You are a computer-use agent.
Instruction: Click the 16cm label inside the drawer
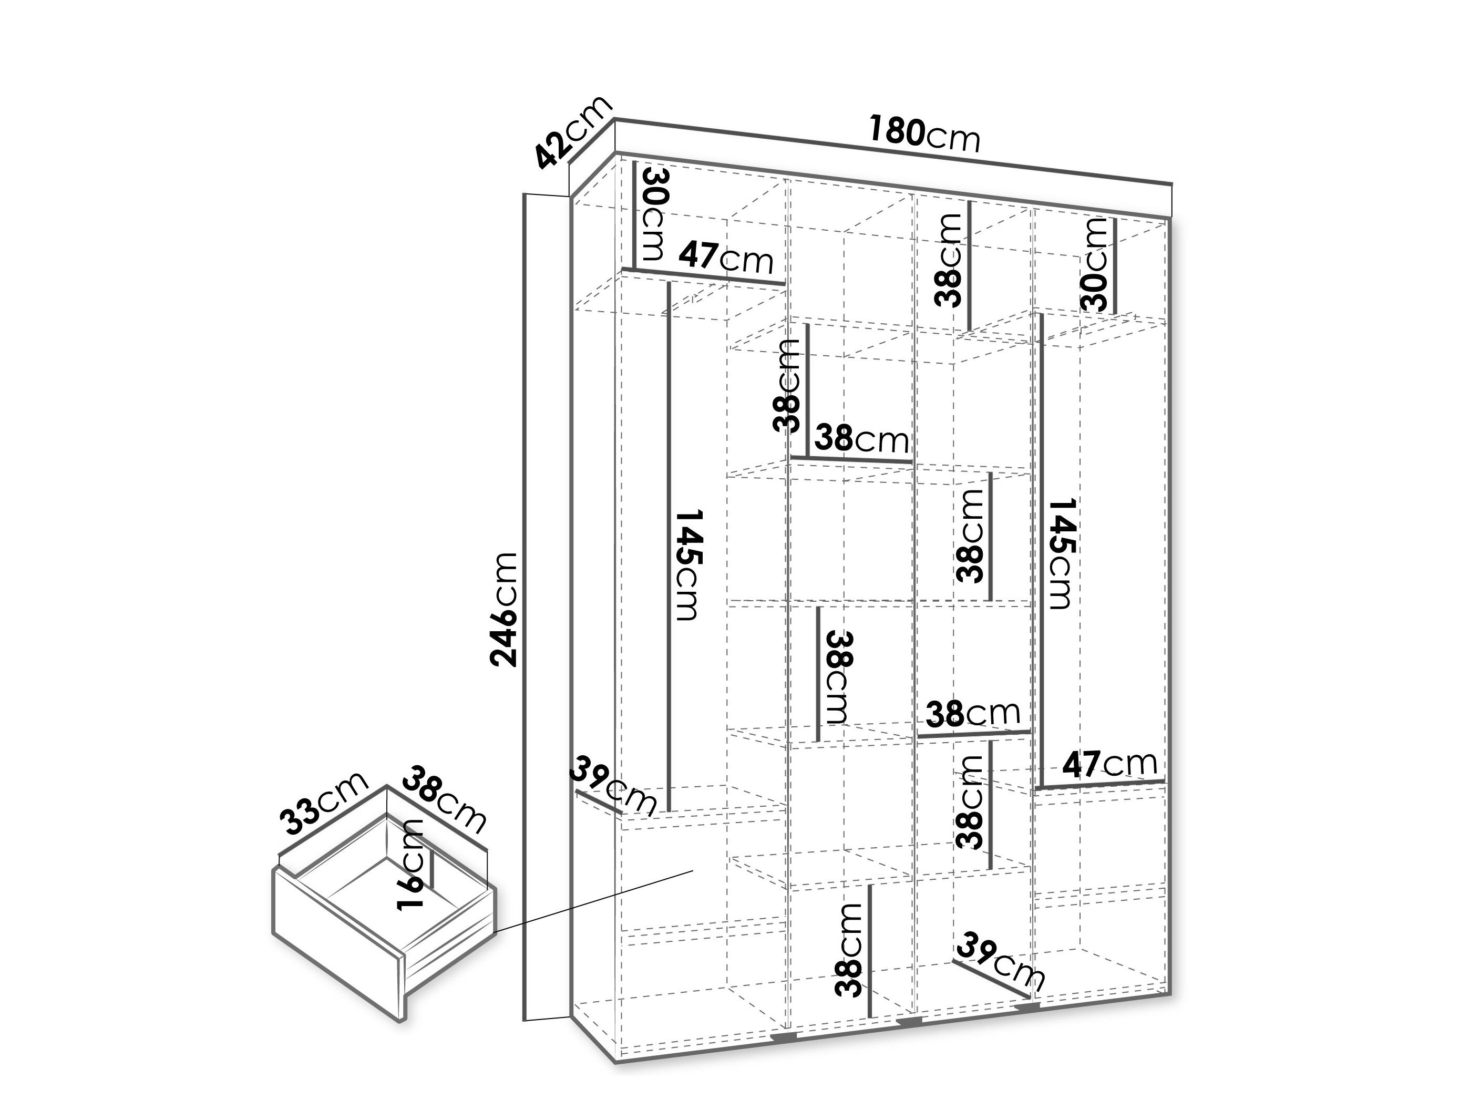(x=409, y=865)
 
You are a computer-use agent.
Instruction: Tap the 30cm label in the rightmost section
(x=1095, y=264)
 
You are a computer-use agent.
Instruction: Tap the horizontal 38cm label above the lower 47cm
(x=973, y=714)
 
